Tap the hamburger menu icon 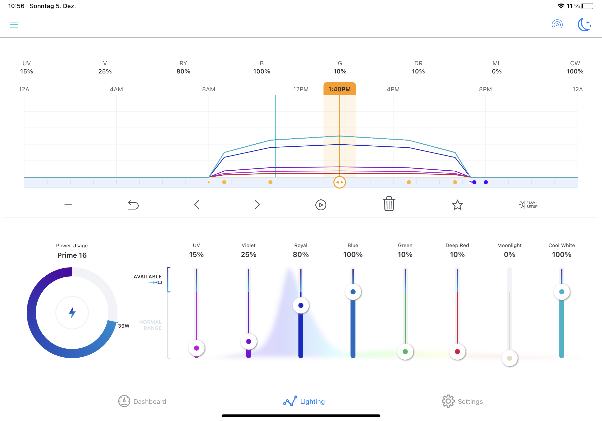(14, 25)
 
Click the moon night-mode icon (584, 25)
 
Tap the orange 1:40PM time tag (339, 89)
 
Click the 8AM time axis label (208, 89)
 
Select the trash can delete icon (389, 204)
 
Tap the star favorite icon (457, 205)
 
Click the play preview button (321, 205)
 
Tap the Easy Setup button (528, 205)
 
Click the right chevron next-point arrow (257, 205)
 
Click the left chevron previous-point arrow (197, 205)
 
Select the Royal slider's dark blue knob (301, 305)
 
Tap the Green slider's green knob (405, 351)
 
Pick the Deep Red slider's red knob (457, 351)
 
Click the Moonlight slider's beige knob (509, 358)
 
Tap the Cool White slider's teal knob (562, 292)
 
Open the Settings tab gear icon (448, 401)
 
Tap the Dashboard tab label (150, 401)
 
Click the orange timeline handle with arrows (339, 182)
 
